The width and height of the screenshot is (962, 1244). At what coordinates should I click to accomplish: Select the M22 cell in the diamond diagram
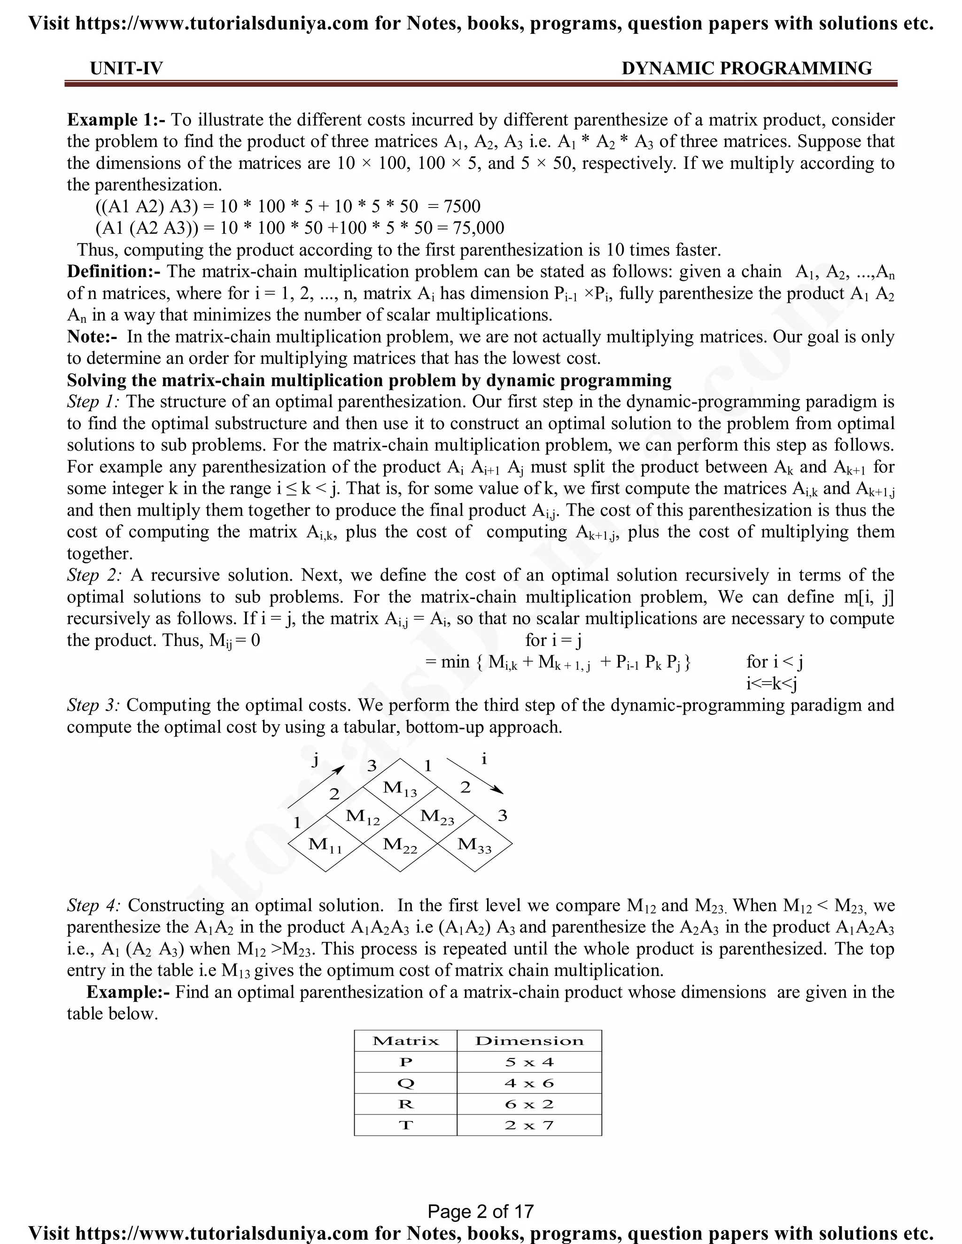click(400, 844)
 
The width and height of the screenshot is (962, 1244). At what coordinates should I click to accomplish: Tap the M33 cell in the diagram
click(474, 844)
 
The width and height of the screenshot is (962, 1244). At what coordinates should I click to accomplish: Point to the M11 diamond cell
click(326, 844)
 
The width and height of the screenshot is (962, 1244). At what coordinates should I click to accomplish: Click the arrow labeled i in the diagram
click(475, 776)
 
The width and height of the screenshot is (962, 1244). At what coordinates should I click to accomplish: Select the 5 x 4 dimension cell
click(529, 1062)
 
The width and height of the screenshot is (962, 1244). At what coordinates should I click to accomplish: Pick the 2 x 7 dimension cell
click(529, 1125)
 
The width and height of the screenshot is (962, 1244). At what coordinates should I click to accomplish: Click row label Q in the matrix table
click(405, 1083)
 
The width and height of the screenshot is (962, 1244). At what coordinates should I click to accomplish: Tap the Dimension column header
click(529, 1041)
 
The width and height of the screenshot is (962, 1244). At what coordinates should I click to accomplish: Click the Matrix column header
click(405, 1041)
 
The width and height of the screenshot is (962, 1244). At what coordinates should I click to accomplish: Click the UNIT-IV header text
click(126, 69)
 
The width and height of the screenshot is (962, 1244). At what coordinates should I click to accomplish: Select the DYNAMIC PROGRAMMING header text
click(746, 69)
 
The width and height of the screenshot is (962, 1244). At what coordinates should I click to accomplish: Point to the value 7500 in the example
click(462, 206)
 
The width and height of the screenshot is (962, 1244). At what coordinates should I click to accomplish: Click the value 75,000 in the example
click(478, 228)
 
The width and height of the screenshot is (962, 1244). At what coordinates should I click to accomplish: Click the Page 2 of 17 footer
click(481, 1211)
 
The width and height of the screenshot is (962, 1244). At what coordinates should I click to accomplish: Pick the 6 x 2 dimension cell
click(529, 1104)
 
